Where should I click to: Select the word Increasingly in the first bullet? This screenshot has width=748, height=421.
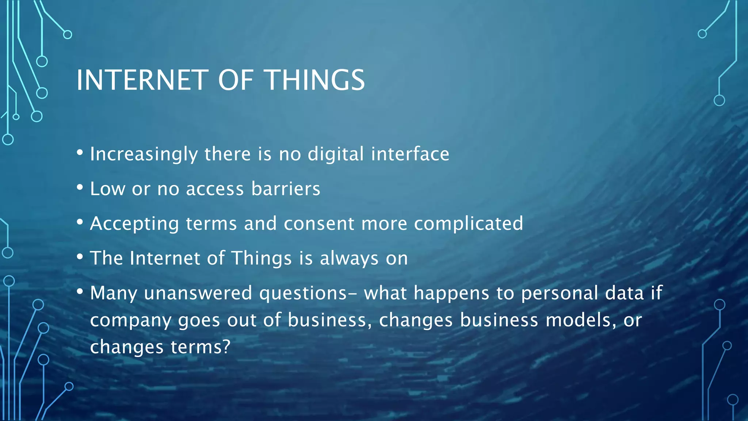tap(144, 154)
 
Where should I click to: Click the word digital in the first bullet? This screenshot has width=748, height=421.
tap(336, 153)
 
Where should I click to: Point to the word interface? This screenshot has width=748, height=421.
tap(410, 153)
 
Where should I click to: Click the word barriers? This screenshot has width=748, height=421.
tap(286, 189)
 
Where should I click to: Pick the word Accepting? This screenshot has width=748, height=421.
tap(134, 224)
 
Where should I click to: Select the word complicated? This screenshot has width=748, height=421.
tap(469, 224)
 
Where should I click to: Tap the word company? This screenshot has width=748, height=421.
tap(130, 321)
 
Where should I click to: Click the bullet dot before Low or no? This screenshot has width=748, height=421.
tap(80, 187)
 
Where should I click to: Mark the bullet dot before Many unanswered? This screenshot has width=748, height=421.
tap(80, 292)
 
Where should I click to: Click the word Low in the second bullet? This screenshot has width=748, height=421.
tap(107, 189)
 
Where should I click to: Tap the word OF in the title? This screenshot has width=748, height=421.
tap(236, 80)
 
